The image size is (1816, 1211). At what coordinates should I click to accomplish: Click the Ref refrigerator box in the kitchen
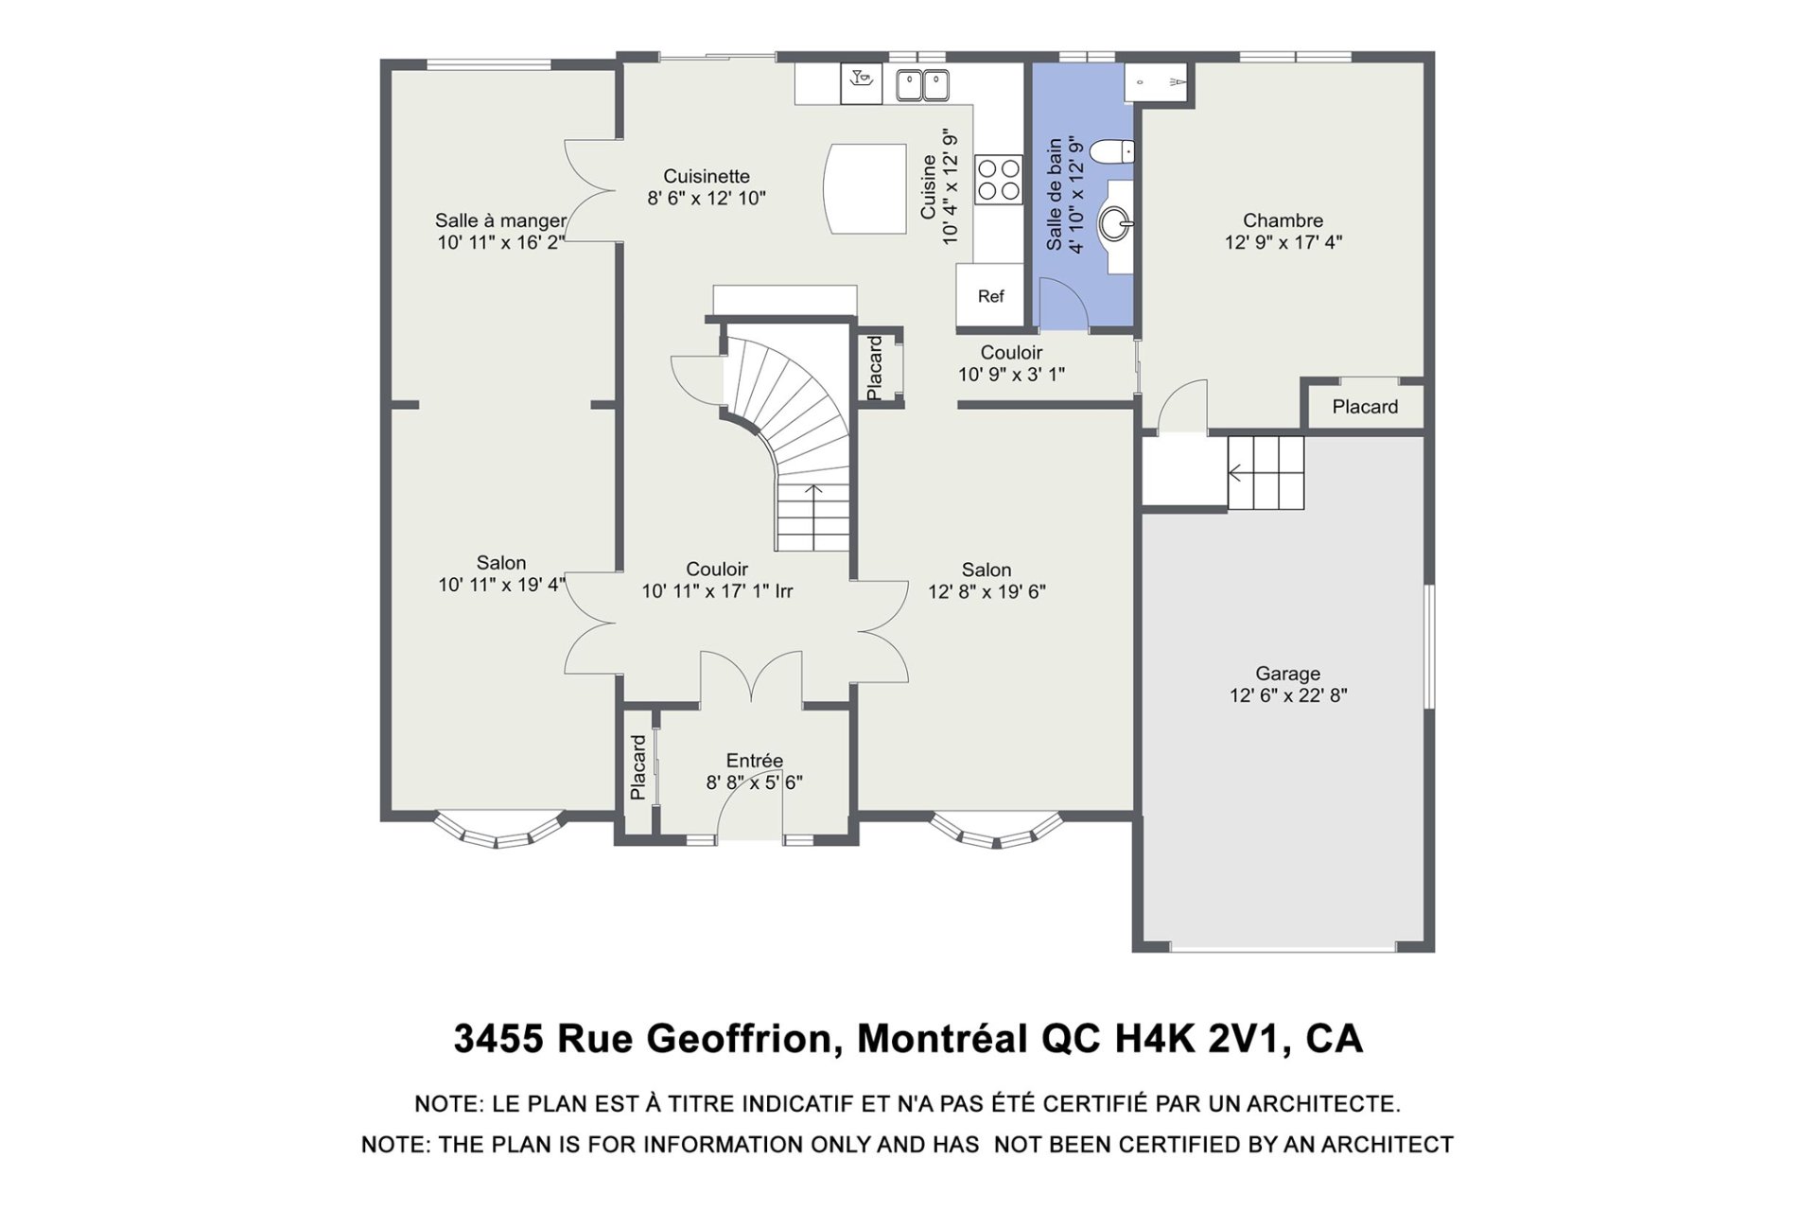tap(989, 296)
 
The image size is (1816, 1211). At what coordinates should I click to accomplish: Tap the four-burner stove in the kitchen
tap(999, 180)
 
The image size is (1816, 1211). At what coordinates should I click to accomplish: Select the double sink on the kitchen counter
tap(922, 85)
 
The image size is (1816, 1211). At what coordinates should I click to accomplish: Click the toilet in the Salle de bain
tap(1111, 150)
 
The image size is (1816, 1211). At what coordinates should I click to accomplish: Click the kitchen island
tap(864, 188)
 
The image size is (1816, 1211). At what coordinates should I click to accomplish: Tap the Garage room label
tap(1287, 674)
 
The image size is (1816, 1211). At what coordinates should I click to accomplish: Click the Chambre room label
tap(1283, 220)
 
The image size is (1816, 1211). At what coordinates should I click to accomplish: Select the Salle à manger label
tap(500, 220)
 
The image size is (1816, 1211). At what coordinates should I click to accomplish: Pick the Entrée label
tap(754, 761)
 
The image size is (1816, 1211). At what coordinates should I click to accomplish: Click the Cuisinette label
tap(707, 176)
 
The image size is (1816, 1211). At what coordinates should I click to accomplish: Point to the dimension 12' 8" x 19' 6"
tap(987, 592)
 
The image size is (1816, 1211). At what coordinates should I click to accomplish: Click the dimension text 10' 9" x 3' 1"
tap(1011, 375)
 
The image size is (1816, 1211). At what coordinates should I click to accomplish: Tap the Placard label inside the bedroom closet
tap(1365, 407)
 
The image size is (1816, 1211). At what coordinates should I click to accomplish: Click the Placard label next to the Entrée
tap(638, 767)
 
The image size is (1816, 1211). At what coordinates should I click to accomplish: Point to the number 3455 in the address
tap(498, 1039)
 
